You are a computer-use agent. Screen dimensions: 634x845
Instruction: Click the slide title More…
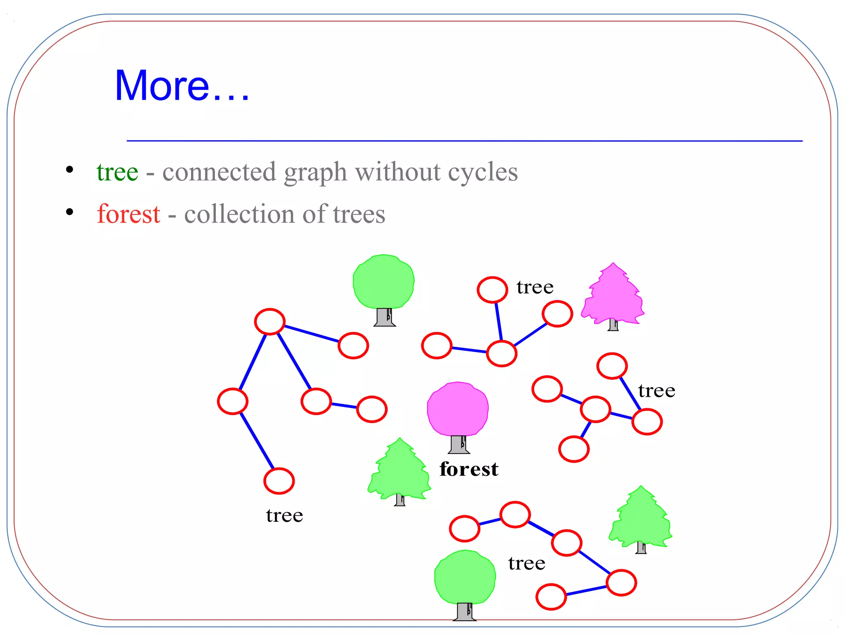182,86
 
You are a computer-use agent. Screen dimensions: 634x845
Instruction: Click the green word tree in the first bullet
118,172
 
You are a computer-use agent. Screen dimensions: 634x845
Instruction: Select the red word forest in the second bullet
128,214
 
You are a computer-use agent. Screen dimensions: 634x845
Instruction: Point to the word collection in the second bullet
239,214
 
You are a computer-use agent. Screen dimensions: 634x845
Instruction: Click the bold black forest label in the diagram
469,469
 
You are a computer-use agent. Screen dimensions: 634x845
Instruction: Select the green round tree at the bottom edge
465,578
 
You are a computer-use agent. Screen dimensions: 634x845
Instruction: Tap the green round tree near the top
384,282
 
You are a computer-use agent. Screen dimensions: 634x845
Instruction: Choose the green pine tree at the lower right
641,518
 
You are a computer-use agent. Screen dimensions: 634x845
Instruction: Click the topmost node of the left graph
270,321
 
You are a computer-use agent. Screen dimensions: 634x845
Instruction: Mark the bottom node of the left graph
279,481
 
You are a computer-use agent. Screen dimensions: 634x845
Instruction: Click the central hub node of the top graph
502,354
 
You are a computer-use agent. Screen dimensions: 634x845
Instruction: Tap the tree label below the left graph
284,516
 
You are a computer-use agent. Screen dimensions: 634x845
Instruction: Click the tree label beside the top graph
535,287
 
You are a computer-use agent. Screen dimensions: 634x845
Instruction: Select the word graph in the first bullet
315,173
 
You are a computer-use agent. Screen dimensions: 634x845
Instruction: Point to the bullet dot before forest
70,212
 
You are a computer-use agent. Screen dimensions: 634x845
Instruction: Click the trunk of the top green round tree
385,317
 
